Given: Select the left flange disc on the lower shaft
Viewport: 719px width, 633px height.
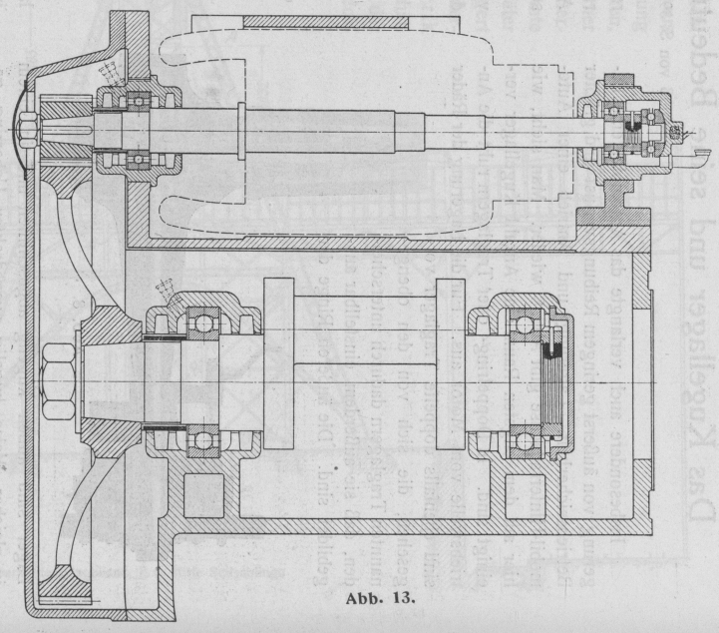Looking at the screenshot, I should point(282,366).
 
